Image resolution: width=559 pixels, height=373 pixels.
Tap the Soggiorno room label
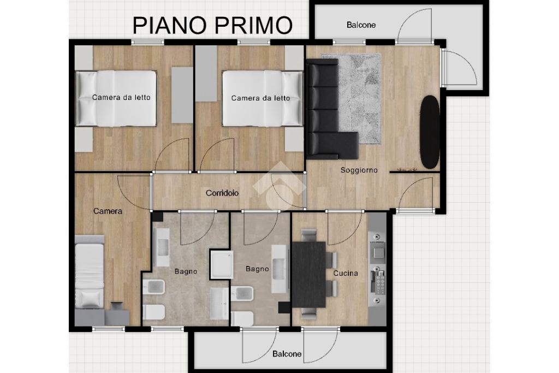pos(359,170)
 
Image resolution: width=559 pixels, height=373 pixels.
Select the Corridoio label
pos(222,193)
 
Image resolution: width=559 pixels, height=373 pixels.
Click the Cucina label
pos(346,273)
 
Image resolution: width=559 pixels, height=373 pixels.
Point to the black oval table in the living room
pos(430,132)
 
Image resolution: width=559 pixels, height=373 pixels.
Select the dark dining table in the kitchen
pos(309,275)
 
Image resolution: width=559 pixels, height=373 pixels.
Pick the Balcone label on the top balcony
pos(361,25)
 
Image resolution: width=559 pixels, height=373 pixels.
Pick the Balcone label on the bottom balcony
pos(287,354)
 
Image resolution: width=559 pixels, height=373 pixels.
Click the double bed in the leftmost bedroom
pos(116,98)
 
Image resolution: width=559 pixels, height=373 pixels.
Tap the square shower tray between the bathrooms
pos(222,264)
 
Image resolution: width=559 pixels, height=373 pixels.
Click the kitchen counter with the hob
pos(377,269)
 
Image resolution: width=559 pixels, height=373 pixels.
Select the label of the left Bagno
pos(186,271)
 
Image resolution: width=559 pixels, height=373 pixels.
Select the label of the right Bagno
pos(257,269)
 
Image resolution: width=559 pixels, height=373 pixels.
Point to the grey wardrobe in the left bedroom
pos(182,95)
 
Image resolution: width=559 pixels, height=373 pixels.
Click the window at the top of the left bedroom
pos(147,42)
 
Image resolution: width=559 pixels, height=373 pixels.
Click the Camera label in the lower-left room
pos(108,211)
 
